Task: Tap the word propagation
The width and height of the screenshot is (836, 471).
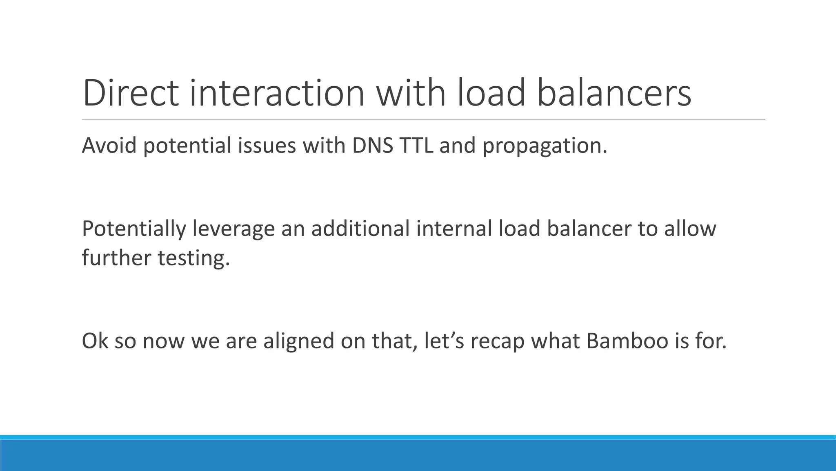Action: (545, 146)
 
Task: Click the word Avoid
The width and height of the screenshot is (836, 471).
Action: (109, 146)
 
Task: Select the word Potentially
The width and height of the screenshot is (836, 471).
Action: (134, 229)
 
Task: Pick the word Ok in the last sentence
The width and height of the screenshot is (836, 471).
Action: (95, 341)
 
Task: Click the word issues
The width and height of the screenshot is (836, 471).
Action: (267, 146)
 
